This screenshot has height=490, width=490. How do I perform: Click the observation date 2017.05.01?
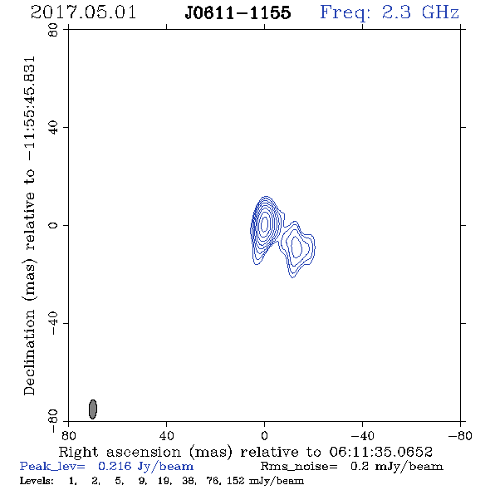point(83,12)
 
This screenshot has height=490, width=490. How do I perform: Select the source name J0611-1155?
point(238,13)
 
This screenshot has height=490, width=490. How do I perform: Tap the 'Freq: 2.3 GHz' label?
point(390,12)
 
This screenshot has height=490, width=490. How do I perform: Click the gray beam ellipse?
point(93,409)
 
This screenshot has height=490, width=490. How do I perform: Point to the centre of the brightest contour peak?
point(265,223)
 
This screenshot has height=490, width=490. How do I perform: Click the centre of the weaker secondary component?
point(296,247)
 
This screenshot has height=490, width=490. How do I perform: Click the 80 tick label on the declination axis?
point(53,30)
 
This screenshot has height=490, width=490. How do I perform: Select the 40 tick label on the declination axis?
point(53,128)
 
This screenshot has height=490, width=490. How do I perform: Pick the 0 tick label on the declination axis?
point(53,225)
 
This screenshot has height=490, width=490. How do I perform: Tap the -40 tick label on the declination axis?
point(53,323)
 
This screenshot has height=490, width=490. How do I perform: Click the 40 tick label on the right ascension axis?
point(167,436)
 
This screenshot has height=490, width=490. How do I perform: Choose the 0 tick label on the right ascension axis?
point(264,436)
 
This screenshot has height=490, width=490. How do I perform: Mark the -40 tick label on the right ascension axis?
point(362,436)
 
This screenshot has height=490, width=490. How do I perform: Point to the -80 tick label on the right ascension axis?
point(460,436)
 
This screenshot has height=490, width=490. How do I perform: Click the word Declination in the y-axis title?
point(29,353)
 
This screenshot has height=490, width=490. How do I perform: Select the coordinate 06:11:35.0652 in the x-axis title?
point(380,452)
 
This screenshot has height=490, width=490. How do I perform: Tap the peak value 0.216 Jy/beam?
point(145,467)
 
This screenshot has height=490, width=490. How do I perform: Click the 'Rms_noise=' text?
point(299,467)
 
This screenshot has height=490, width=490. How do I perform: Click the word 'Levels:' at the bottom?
point(37,480)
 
